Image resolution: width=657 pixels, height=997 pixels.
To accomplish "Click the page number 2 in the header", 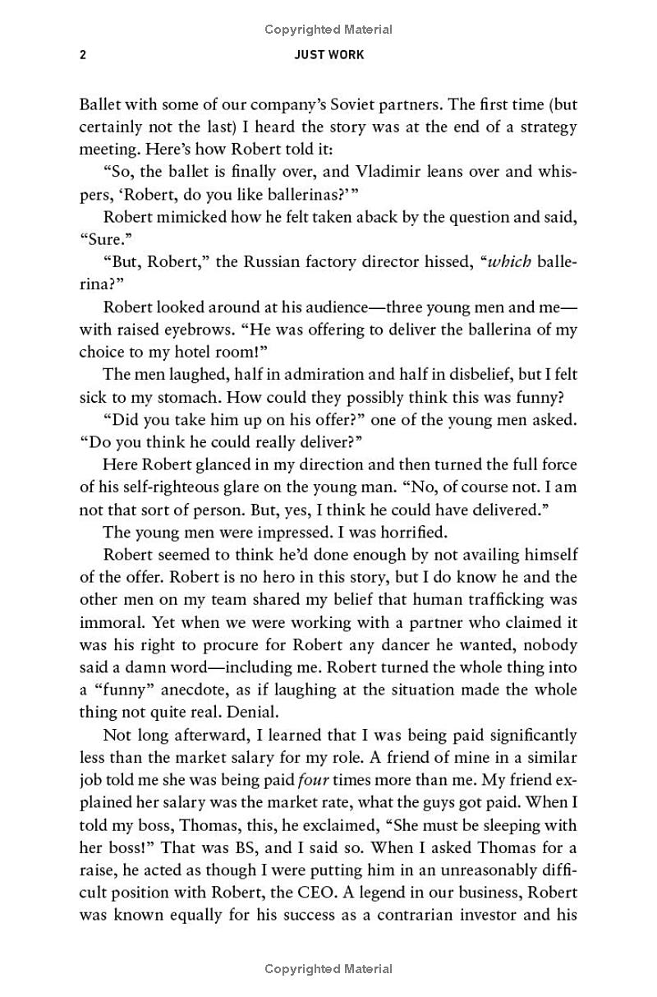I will [x=83, y=55].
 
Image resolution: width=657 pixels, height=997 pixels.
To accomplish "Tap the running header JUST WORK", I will [x=328, y=55].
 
